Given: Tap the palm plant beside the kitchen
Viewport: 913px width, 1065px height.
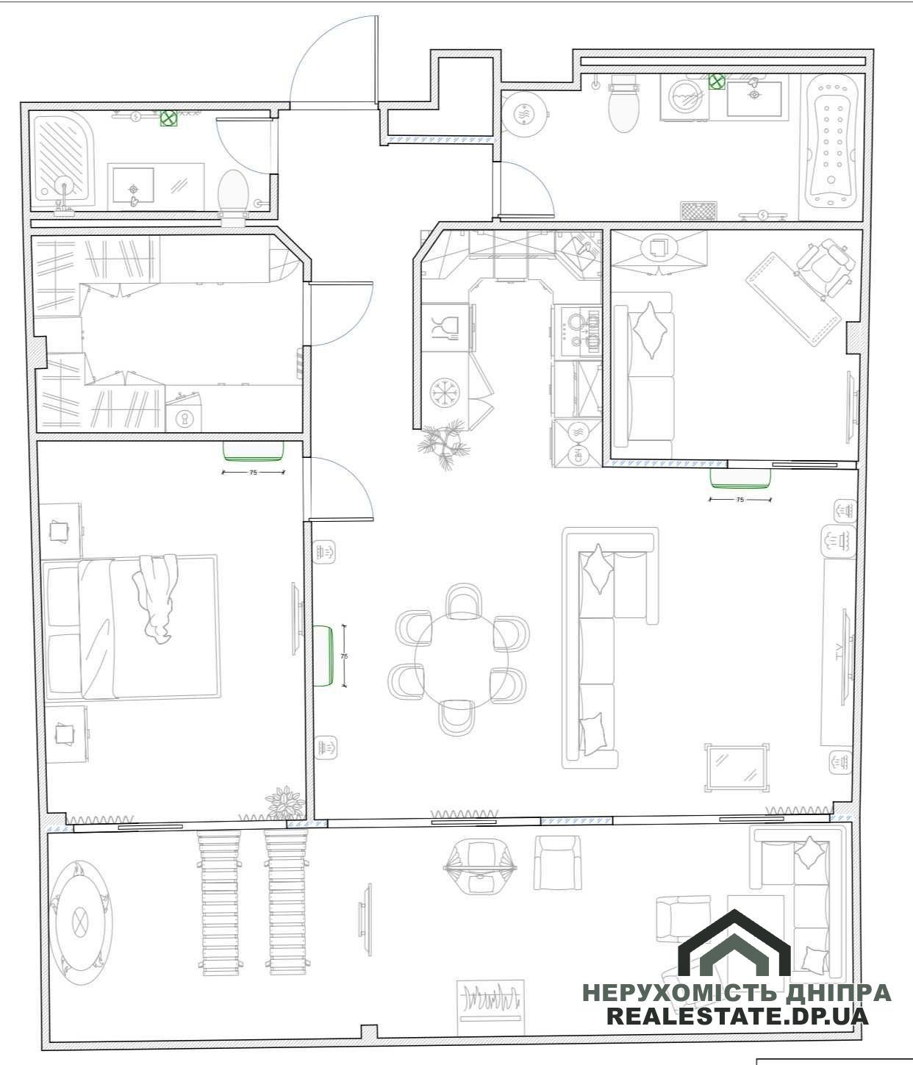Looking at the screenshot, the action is [x=443, y=443].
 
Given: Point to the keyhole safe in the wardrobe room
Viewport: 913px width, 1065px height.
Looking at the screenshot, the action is [x=184, y=418].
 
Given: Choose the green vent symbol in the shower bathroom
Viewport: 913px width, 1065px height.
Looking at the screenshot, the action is [x=168, y=118].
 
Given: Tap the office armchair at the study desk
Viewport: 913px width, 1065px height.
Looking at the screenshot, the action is [x=823, y=268].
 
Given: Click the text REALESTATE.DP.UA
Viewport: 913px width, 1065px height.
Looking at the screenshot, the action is [x=738, y=1016].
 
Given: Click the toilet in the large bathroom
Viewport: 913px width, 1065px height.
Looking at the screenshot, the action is [x=624, y=102].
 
